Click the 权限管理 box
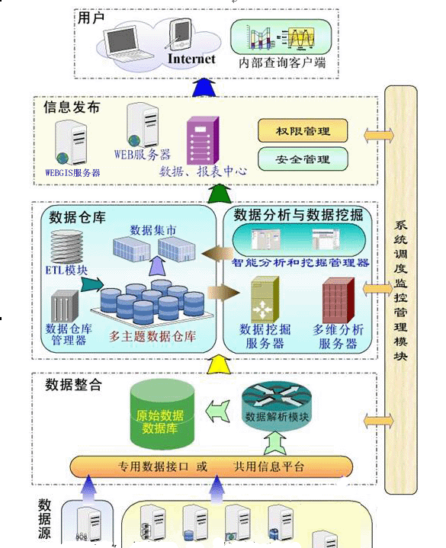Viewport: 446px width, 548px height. click(x=303, y=131)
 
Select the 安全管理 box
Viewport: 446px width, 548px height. click(x=303, y=159)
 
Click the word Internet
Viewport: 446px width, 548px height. click(x=191, y=59)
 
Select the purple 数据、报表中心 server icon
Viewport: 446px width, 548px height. click(x=202, y=139)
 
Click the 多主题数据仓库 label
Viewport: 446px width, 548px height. click(x=152, y=336)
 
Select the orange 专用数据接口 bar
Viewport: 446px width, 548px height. click(x=211, y=465)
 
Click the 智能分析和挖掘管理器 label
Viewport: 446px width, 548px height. click(x=300, y=263)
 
